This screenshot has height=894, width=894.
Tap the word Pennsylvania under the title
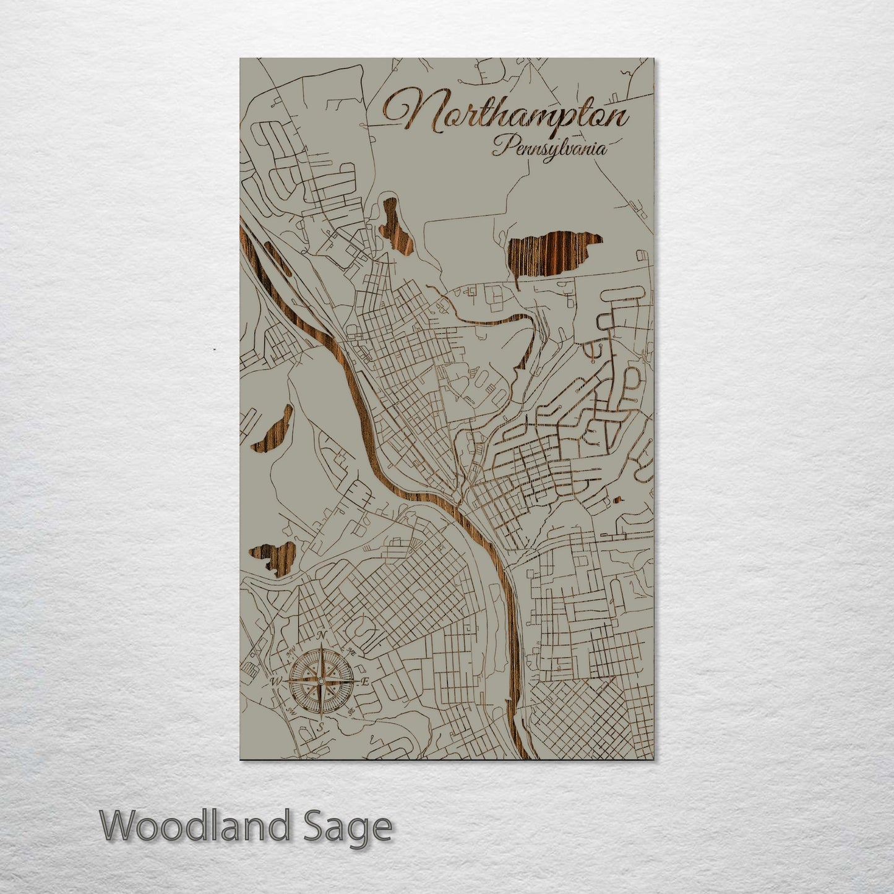(549, 149)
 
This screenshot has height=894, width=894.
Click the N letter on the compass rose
(321, 637)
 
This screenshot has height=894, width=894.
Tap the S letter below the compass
(320, 727)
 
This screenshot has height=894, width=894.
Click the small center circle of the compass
(320, 682)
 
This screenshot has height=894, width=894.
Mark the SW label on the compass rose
(290, 710)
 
